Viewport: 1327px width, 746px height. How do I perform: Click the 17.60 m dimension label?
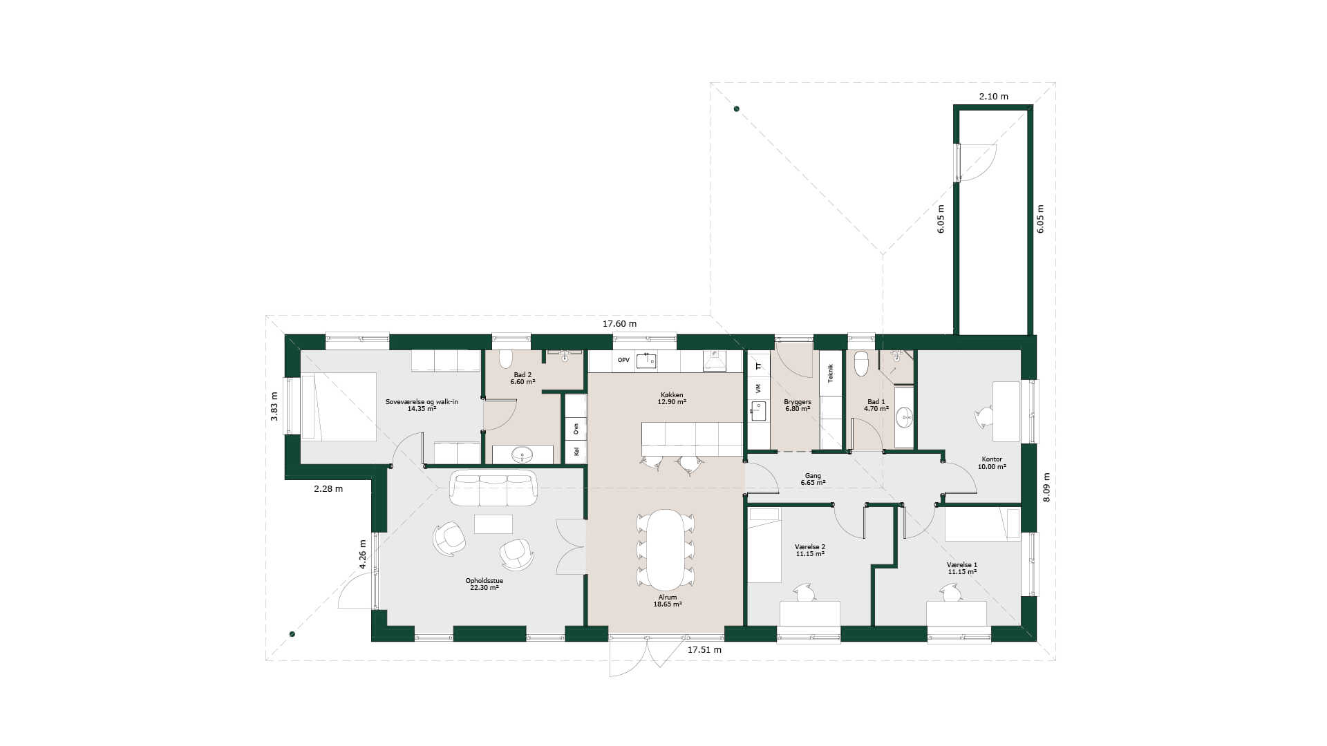click(x=619, y=323)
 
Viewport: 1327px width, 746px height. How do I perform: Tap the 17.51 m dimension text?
click(x=704, y=650)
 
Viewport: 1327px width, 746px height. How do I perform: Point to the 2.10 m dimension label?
click(x=993, y=96)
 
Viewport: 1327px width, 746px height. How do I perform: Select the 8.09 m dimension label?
click(x=1046, y=487)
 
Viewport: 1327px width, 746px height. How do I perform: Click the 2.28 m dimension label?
click(x=328, y=488)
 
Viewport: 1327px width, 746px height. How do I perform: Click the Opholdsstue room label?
click(x=484, y=581)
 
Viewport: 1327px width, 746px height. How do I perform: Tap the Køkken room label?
click(x=672, y=395)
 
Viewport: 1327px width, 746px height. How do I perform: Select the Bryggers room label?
click(x=798, y=401)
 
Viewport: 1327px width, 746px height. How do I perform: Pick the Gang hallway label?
click(x=813, y=475)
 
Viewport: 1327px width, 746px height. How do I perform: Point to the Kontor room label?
click(x=992, y=459)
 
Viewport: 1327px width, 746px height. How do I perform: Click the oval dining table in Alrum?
click(x=666, y=548)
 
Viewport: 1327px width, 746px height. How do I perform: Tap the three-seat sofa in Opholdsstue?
click(x=493, y=488)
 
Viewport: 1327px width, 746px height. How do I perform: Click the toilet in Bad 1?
click(x=861, y=363)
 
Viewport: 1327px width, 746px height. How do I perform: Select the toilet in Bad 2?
click(x=506, y=358)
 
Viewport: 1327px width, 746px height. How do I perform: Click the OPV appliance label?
click(x=623, y=360)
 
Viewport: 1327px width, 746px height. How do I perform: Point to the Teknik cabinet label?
click(x=831, y=373)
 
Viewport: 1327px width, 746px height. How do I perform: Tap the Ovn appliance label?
click(x=576, y=428)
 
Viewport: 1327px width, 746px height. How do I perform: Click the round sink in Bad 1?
click(x=904, y=417)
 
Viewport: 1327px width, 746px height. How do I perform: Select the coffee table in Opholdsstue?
click(x=493, y=524)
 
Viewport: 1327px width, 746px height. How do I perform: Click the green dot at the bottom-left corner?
click(x=292, y=634)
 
